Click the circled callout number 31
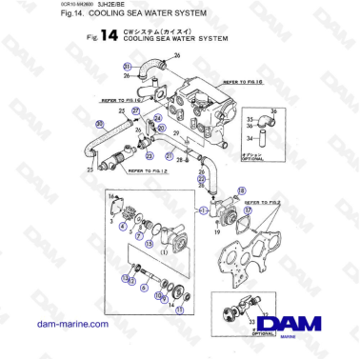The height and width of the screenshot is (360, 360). pos(127,66)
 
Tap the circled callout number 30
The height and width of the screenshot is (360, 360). pos(98,125)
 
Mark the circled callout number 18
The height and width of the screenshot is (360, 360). pos(235,192)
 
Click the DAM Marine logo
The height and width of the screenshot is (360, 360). pos(302,326)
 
